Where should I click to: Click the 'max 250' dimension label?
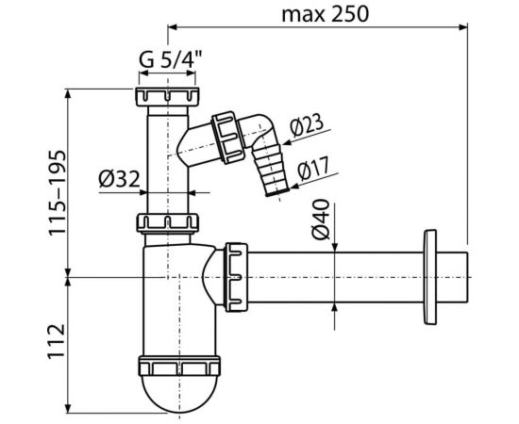(325, 14)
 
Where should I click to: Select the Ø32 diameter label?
(119, 179)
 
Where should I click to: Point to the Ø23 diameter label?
(307, 125)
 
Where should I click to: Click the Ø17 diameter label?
(313, 168)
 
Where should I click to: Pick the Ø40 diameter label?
(321, 220)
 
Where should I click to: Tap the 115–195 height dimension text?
(58, 192)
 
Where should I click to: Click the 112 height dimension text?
(57, 341)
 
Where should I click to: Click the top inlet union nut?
(167, 97)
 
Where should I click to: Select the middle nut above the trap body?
(168, 223)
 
